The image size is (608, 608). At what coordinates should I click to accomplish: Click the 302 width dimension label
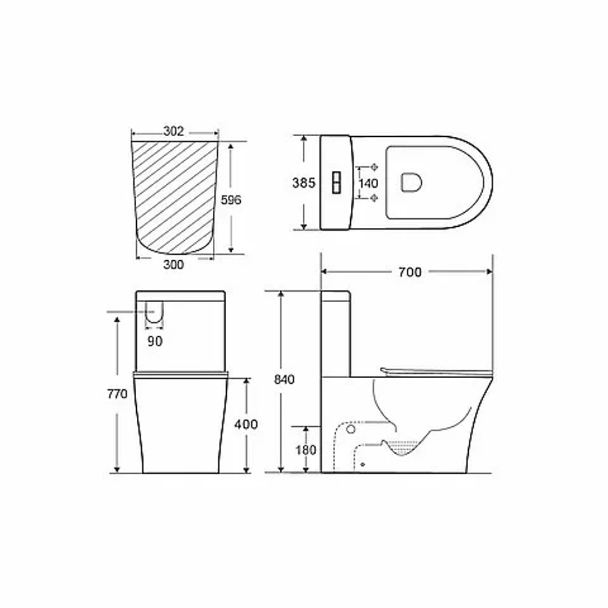click(x=173, y=131)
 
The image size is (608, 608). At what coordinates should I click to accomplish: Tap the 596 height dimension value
click(x=230, y=199)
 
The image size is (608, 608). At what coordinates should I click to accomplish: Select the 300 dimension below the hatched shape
click(x=173, y=265)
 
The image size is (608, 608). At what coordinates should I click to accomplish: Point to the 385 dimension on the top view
click(x=303, y=182)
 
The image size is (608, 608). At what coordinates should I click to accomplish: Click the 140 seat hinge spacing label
click(x=368, y=182)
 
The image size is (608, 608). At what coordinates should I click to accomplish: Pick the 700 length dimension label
click(x=410, y=272)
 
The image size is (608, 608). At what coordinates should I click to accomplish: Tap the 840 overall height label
click(x=284, y=379)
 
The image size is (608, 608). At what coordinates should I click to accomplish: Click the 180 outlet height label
click(x=306, y=450)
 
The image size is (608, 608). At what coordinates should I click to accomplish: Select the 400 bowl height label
click(x=246, y=424)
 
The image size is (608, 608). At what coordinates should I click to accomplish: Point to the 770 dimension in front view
click(x=117, y=395)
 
